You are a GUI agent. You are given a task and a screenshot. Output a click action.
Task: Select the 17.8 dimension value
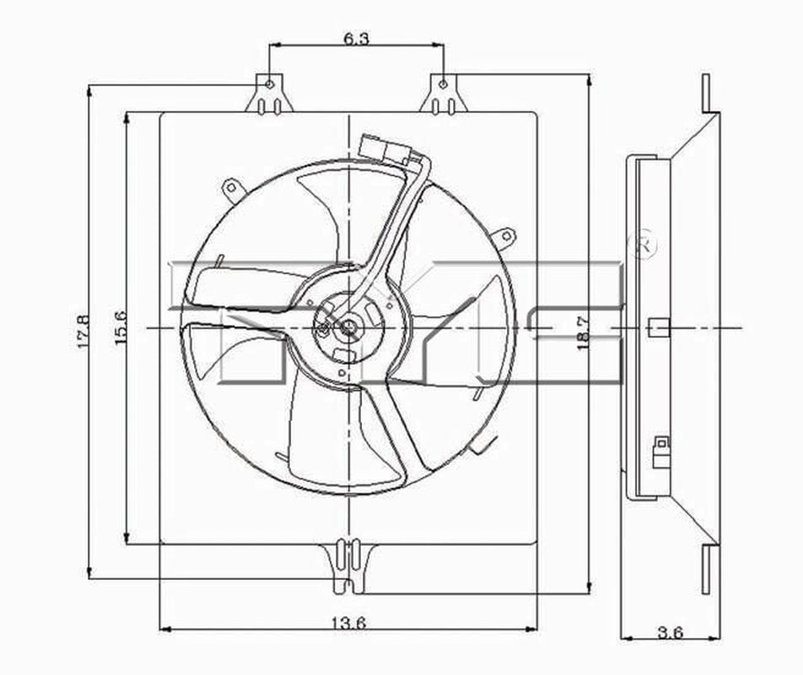click(x=84, y=332)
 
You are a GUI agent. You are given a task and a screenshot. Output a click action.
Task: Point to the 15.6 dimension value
click(x=121, y=327)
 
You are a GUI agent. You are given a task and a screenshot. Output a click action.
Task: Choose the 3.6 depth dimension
click(x=671, y=633)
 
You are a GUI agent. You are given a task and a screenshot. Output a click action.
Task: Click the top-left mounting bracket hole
click(x=269, y=84)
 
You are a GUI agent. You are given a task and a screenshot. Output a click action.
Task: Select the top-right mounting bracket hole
click(x=443, y=84)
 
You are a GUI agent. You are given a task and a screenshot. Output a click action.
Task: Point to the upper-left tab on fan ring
click(x=230, y=188)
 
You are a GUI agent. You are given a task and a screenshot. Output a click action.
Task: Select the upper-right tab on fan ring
click(x=504, y=235)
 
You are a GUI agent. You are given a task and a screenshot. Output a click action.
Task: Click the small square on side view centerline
click(x=658, y=327)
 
